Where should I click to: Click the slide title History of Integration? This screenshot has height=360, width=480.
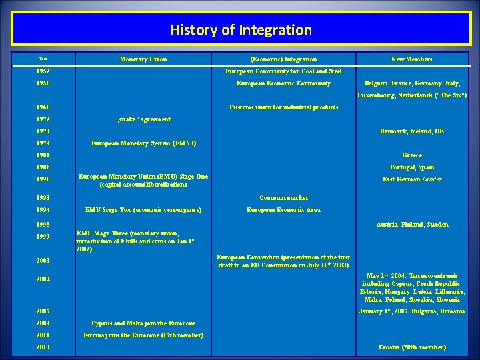(241, 30)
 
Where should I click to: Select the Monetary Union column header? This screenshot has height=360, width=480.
(143, 59)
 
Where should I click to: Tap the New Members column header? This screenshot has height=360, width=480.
(411, 59)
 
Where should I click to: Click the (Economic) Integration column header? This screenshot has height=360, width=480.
(283, 59)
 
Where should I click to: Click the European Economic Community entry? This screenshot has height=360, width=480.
(283, 83)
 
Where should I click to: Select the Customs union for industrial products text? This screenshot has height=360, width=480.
(283, 107)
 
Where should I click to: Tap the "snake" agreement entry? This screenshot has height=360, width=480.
(143, 119)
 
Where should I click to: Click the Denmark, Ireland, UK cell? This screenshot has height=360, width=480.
(412, 131)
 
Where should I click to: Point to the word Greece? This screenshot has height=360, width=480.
(412, 155)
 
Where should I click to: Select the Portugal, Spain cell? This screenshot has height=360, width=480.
(412, 167)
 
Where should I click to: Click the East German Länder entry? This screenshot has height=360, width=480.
(412, 179)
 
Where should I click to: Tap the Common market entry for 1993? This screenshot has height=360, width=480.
(283, 198)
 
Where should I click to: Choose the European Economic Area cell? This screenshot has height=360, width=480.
(283, 210)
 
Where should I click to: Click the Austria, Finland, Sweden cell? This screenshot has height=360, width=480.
(412, 225)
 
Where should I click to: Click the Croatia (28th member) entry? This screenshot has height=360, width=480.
(412, 347)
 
